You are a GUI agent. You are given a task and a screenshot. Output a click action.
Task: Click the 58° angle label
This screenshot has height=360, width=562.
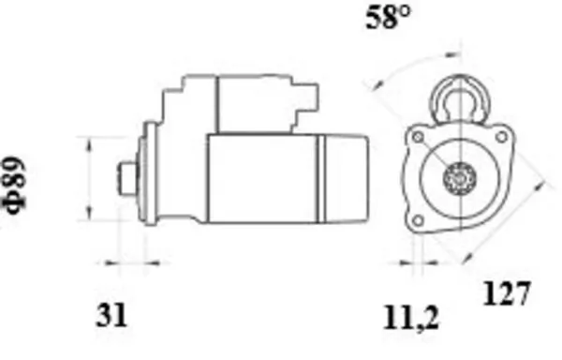pyautogui.click(x=388, y=18)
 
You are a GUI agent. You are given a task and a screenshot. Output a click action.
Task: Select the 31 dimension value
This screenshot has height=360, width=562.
pyautogui.click(x=111, y=315)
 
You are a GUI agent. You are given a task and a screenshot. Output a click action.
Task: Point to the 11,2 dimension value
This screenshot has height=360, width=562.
pyautogui.click(x=411, y=318)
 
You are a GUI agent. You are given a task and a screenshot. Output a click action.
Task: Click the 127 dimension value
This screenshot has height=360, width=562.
pyautogui.click(x=507, y=293)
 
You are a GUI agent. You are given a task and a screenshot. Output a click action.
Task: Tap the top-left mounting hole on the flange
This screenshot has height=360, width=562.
pyautogui.click(x=418, y=137)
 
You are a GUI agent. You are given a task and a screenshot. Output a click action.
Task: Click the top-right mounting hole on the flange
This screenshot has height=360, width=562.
pyautogui.click(x=501, y=137)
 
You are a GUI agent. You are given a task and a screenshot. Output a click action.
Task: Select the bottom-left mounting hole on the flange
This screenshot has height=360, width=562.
pyautogui.click(x=418, y=220)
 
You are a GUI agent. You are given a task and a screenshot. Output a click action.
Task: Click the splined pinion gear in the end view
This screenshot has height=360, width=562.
pyautogui.click(x=460, y=178)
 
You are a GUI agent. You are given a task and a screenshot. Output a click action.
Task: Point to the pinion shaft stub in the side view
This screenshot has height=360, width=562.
pyautogui.click(x=128, y=179)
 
